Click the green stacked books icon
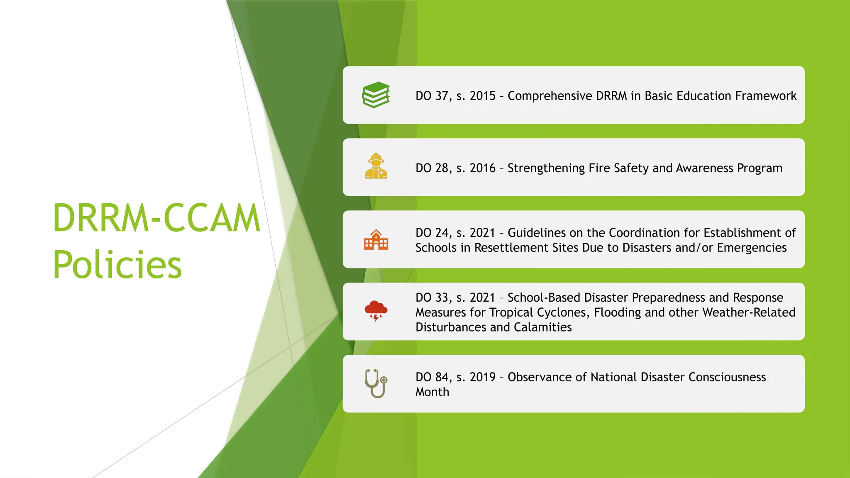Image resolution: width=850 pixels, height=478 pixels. [x=376, y=95]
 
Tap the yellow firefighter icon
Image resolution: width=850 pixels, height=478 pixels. [x=376, y=166]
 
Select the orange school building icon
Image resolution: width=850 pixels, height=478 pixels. [x=376, y=239]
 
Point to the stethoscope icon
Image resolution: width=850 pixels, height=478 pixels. [x=376, y=383]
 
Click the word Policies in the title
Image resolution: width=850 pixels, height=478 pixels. [x=117, y=265]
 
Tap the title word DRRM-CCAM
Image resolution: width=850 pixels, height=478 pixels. [x=156, y=218]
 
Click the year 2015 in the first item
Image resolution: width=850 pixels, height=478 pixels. [x=483, y=96]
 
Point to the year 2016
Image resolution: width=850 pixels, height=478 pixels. [x=483, y=168]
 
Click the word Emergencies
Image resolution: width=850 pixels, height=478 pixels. [x=752, y=248]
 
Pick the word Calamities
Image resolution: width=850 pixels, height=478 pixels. [x=543, y=327]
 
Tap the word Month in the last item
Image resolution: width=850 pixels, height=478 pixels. [x=432, y=392]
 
